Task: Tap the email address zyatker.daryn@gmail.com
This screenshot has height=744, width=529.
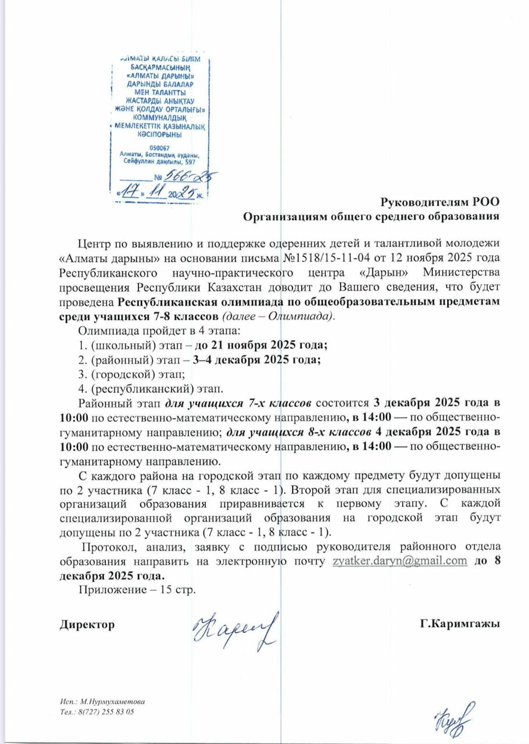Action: (400, 561)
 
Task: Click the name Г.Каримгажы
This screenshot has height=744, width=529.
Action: (460, 624)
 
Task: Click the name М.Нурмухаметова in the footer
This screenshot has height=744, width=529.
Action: (113, 702)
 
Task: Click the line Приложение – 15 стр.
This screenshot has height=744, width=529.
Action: (137, 590)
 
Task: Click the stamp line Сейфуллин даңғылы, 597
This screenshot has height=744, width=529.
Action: (159, 163)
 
